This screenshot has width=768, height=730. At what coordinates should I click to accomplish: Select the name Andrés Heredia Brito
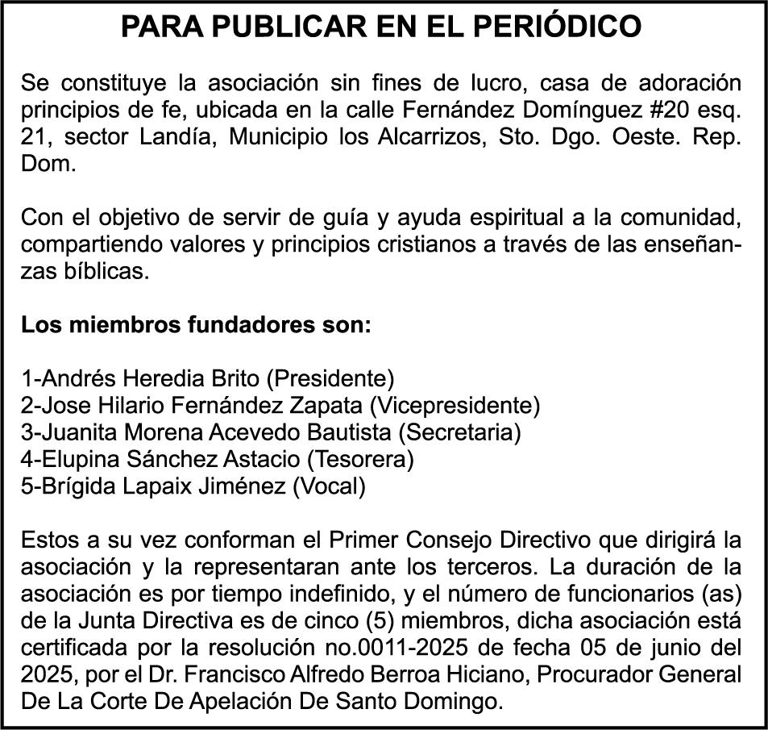(152, 378)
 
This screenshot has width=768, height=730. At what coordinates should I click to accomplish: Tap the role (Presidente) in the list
(330, 378)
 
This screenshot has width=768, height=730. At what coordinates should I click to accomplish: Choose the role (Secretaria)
(460, 432)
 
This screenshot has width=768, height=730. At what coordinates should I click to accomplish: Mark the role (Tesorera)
(359, 460)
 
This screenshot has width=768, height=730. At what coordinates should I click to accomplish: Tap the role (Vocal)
(329, 486)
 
